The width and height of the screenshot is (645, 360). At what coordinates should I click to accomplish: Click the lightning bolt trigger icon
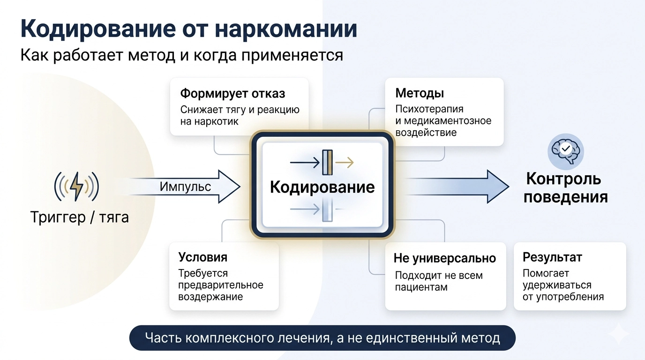tap(76, 187)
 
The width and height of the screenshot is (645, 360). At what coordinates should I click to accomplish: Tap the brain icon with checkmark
tap(565, 151)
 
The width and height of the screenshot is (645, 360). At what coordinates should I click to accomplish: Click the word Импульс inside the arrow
tap(185, 187)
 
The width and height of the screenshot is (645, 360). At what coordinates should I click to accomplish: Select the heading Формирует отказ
tap(232, 94)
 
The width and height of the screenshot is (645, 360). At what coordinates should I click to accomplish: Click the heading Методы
tap(420, 93)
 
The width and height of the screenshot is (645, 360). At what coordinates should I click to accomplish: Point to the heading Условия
tap(202, 257)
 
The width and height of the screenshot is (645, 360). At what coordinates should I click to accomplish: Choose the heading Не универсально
tap(444, 258)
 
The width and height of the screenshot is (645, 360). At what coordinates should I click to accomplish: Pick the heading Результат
tap(552, 257)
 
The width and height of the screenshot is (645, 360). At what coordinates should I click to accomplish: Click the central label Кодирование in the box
tap(322, 187)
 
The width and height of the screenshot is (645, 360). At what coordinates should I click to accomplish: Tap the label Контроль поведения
tap(565, 188)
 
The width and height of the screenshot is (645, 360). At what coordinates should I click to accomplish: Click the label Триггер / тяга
tap(80, 217)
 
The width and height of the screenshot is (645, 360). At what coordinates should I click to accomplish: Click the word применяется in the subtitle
tap(292, 55)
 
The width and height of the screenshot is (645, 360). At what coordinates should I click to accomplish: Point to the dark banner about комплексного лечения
tap(322, 338)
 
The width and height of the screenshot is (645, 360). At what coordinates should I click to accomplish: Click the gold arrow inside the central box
tap(345, 163)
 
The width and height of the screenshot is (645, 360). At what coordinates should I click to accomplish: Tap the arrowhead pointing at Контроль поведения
tap(497, 187)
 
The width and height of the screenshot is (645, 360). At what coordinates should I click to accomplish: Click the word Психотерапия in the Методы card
tap(429, 109)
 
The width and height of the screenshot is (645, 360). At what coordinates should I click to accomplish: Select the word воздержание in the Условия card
tap(210, 297)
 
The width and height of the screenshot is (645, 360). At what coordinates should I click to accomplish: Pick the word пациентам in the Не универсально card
tap(421, 287)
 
